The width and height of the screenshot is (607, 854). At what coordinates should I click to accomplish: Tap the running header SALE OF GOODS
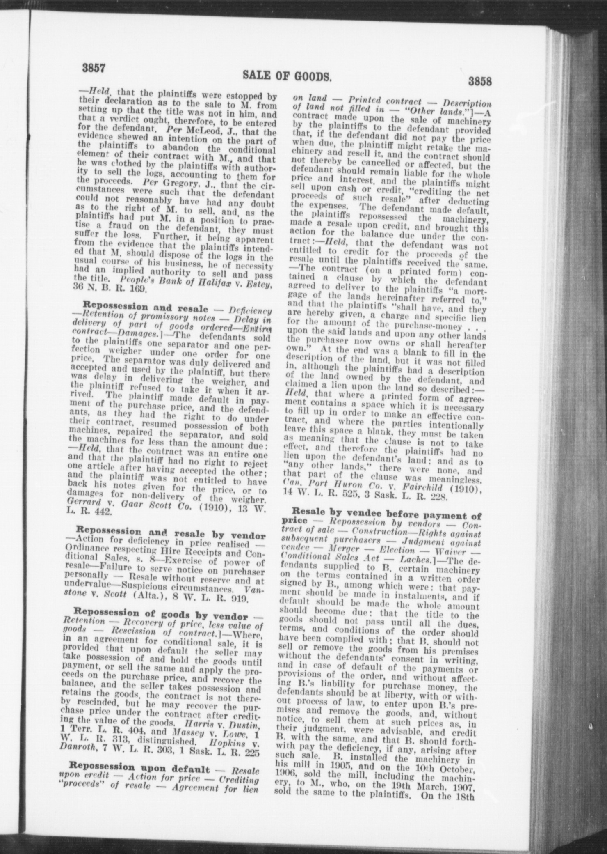(287, 76)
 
